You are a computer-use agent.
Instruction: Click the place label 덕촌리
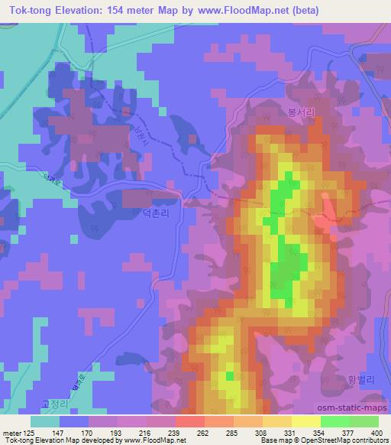(x=166, y=216)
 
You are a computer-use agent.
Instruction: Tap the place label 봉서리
(x=301, y=111)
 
